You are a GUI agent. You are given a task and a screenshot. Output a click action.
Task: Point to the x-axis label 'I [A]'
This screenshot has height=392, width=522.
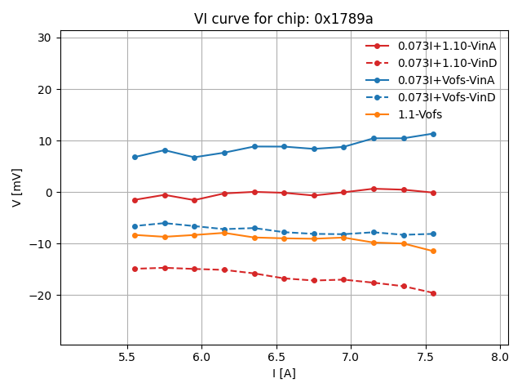[284, 373]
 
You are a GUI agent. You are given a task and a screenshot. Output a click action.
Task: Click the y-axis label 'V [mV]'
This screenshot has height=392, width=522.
[17, 187]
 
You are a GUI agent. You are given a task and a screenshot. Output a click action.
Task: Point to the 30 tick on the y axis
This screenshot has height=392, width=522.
[44, 38]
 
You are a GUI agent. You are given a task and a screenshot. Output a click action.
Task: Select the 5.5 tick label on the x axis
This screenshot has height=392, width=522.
[127, 357]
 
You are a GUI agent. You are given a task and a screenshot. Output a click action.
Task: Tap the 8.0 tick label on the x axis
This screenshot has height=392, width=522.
[500, 357]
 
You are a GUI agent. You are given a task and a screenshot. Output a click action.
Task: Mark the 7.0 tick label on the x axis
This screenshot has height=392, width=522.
[351, 357]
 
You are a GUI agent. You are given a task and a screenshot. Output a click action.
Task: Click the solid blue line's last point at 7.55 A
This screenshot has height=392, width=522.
[433, 134]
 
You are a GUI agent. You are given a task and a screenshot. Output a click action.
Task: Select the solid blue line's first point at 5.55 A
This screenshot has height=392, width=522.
[135, 157]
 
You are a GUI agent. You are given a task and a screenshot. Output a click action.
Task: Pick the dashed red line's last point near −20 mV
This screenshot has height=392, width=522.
[433, 293]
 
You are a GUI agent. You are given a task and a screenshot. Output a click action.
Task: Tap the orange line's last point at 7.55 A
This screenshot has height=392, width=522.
[433, 251]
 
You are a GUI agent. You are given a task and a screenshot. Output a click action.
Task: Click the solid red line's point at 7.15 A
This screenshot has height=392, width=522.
[374, 189]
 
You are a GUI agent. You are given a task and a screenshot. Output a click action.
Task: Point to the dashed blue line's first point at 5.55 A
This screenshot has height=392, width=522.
[135, 226]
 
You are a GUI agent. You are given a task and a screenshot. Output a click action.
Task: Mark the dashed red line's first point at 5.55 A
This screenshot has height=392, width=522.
[135, 269]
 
